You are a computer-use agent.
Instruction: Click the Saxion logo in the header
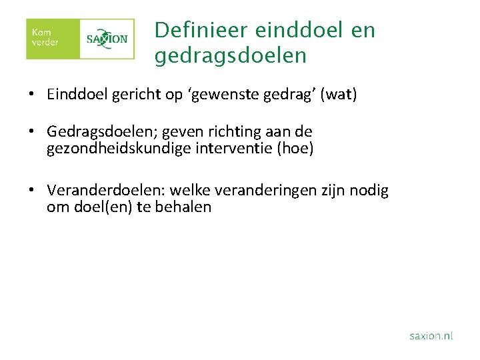(x=107, y=39)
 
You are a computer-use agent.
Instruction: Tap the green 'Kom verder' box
(x=52, y=39)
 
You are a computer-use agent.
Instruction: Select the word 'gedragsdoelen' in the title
(x=230, y=56)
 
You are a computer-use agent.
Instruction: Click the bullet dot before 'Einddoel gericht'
(x=31, y=95)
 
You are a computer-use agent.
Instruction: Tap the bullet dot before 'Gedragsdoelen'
(x=31, y=132)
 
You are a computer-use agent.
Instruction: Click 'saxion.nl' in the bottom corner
(x=431, y=336)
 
